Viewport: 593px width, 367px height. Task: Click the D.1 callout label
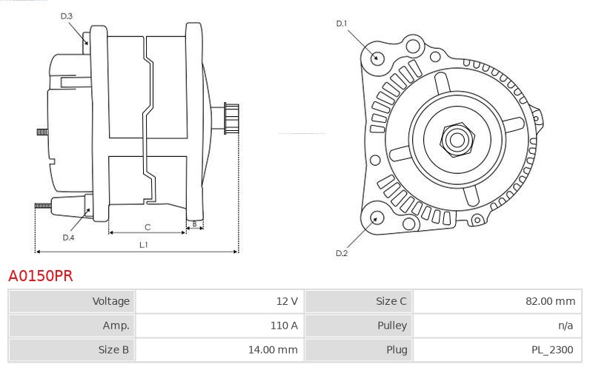342,24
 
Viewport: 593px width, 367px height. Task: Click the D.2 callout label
342,254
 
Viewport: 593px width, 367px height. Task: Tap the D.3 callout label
66,16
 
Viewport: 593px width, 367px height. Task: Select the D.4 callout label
68,238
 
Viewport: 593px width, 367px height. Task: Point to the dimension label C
148,226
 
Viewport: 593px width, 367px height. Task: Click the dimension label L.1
144,244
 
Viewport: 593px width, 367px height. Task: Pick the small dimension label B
194,223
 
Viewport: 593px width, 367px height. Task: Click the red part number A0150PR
40,277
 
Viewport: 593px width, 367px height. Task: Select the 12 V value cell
287,301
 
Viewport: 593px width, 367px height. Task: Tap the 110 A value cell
285,326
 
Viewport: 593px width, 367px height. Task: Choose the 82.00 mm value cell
549,301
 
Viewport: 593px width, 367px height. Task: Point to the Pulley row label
391,326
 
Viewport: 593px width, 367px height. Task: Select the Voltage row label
110,301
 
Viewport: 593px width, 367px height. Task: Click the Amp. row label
116,326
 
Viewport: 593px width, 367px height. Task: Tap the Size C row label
391,301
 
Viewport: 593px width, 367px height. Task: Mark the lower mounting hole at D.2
376,218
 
